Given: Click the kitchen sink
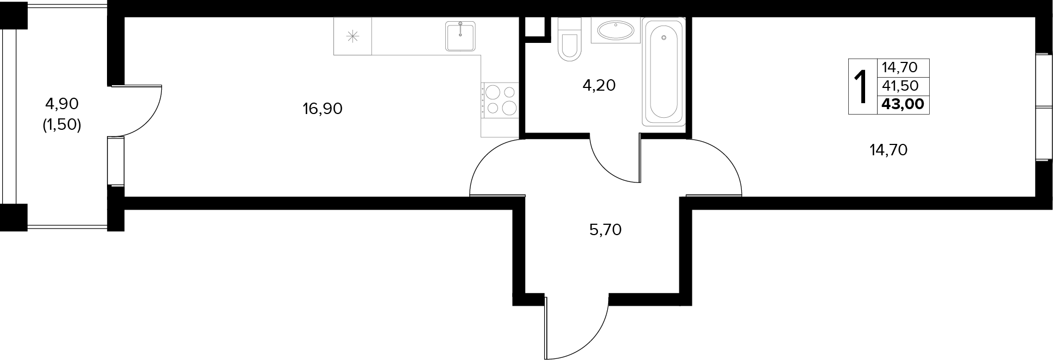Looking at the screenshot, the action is click(x=461, y=36).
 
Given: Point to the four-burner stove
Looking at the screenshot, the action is click(x=500, y=100).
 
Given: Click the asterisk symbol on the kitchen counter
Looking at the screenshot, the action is click(x=352, y=36).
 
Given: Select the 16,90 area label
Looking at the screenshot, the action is click(x=323, y=109).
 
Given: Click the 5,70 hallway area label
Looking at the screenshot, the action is click(x=605, y=230).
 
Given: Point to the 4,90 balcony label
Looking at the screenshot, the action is click(x=62, y=103).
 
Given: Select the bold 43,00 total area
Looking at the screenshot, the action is click(x=903, y=104).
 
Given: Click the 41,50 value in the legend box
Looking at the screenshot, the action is click(x=900, y=86).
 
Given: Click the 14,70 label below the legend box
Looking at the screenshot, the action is click(x=888, y=150).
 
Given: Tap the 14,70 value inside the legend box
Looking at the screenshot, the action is click(x=900, y=67).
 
